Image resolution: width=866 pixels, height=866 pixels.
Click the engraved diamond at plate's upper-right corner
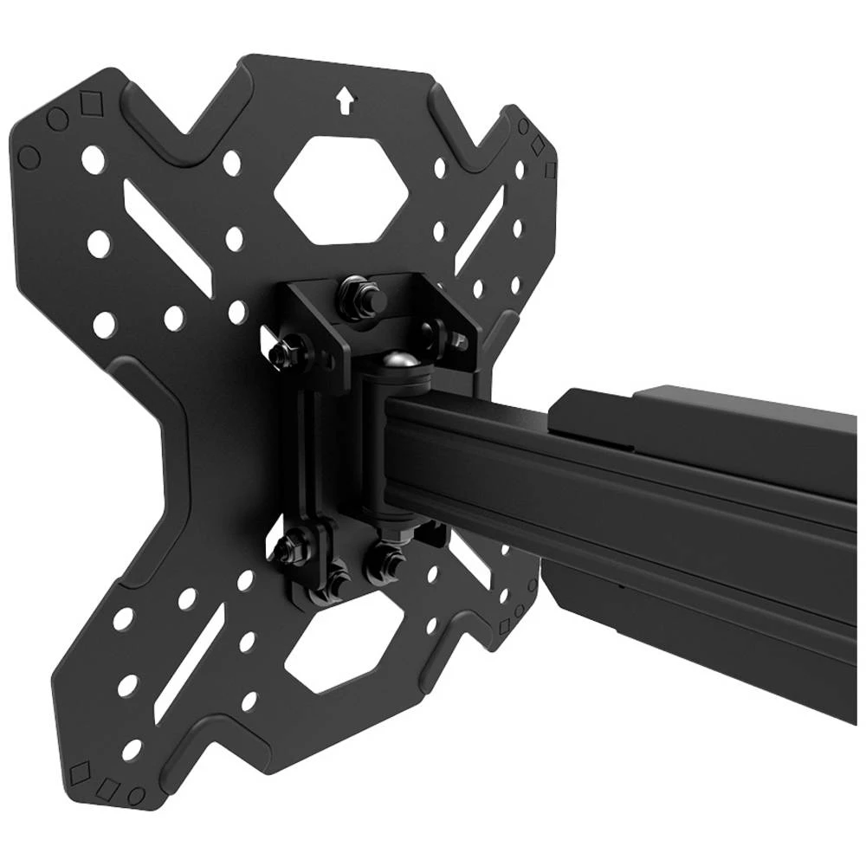click(x=538, y=145)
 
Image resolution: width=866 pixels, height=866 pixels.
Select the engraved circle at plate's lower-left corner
click(x=135, y=793)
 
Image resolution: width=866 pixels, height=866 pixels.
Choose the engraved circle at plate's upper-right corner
click(x=523, y=126)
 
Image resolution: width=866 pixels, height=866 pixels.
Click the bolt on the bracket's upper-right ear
click(x=434, y=331)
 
